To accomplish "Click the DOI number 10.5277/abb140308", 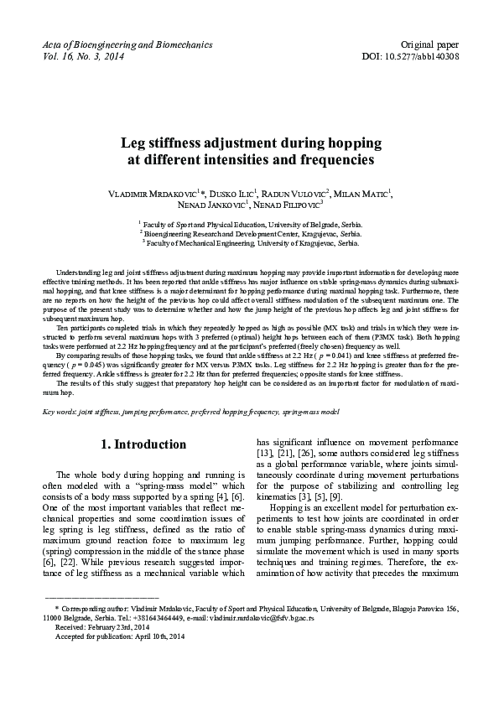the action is pyautogui.click(x=437, y=56).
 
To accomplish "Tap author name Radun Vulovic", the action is pyautogui.click(x=303, y=195).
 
